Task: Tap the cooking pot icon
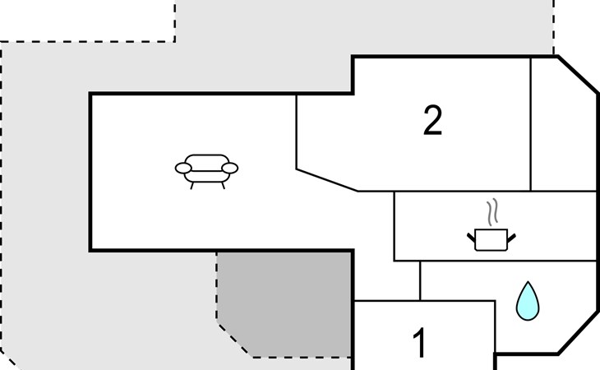pos(492,240)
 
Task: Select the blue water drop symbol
pos(528,301)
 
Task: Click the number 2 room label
pos(433,120)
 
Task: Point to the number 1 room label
pos(420,342)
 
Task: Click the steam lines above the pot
pos(492,211)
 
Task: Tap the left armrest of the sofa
pos(183,168)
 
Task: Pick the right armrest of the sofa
pos(230,168)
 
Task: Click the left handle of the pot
pos(471,238)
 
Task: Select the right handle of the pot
pos(511,238)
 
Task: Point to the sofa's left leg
pos(192,186)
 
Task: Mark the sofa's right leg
pos(223,186)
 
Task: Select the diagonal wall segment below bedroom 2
pos(327,180)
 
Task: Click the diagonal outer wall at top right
pos(578,75)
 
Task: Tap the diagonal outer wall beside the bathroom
pos(578,333)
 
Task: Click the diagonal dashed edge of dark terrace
pos(235,340)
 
